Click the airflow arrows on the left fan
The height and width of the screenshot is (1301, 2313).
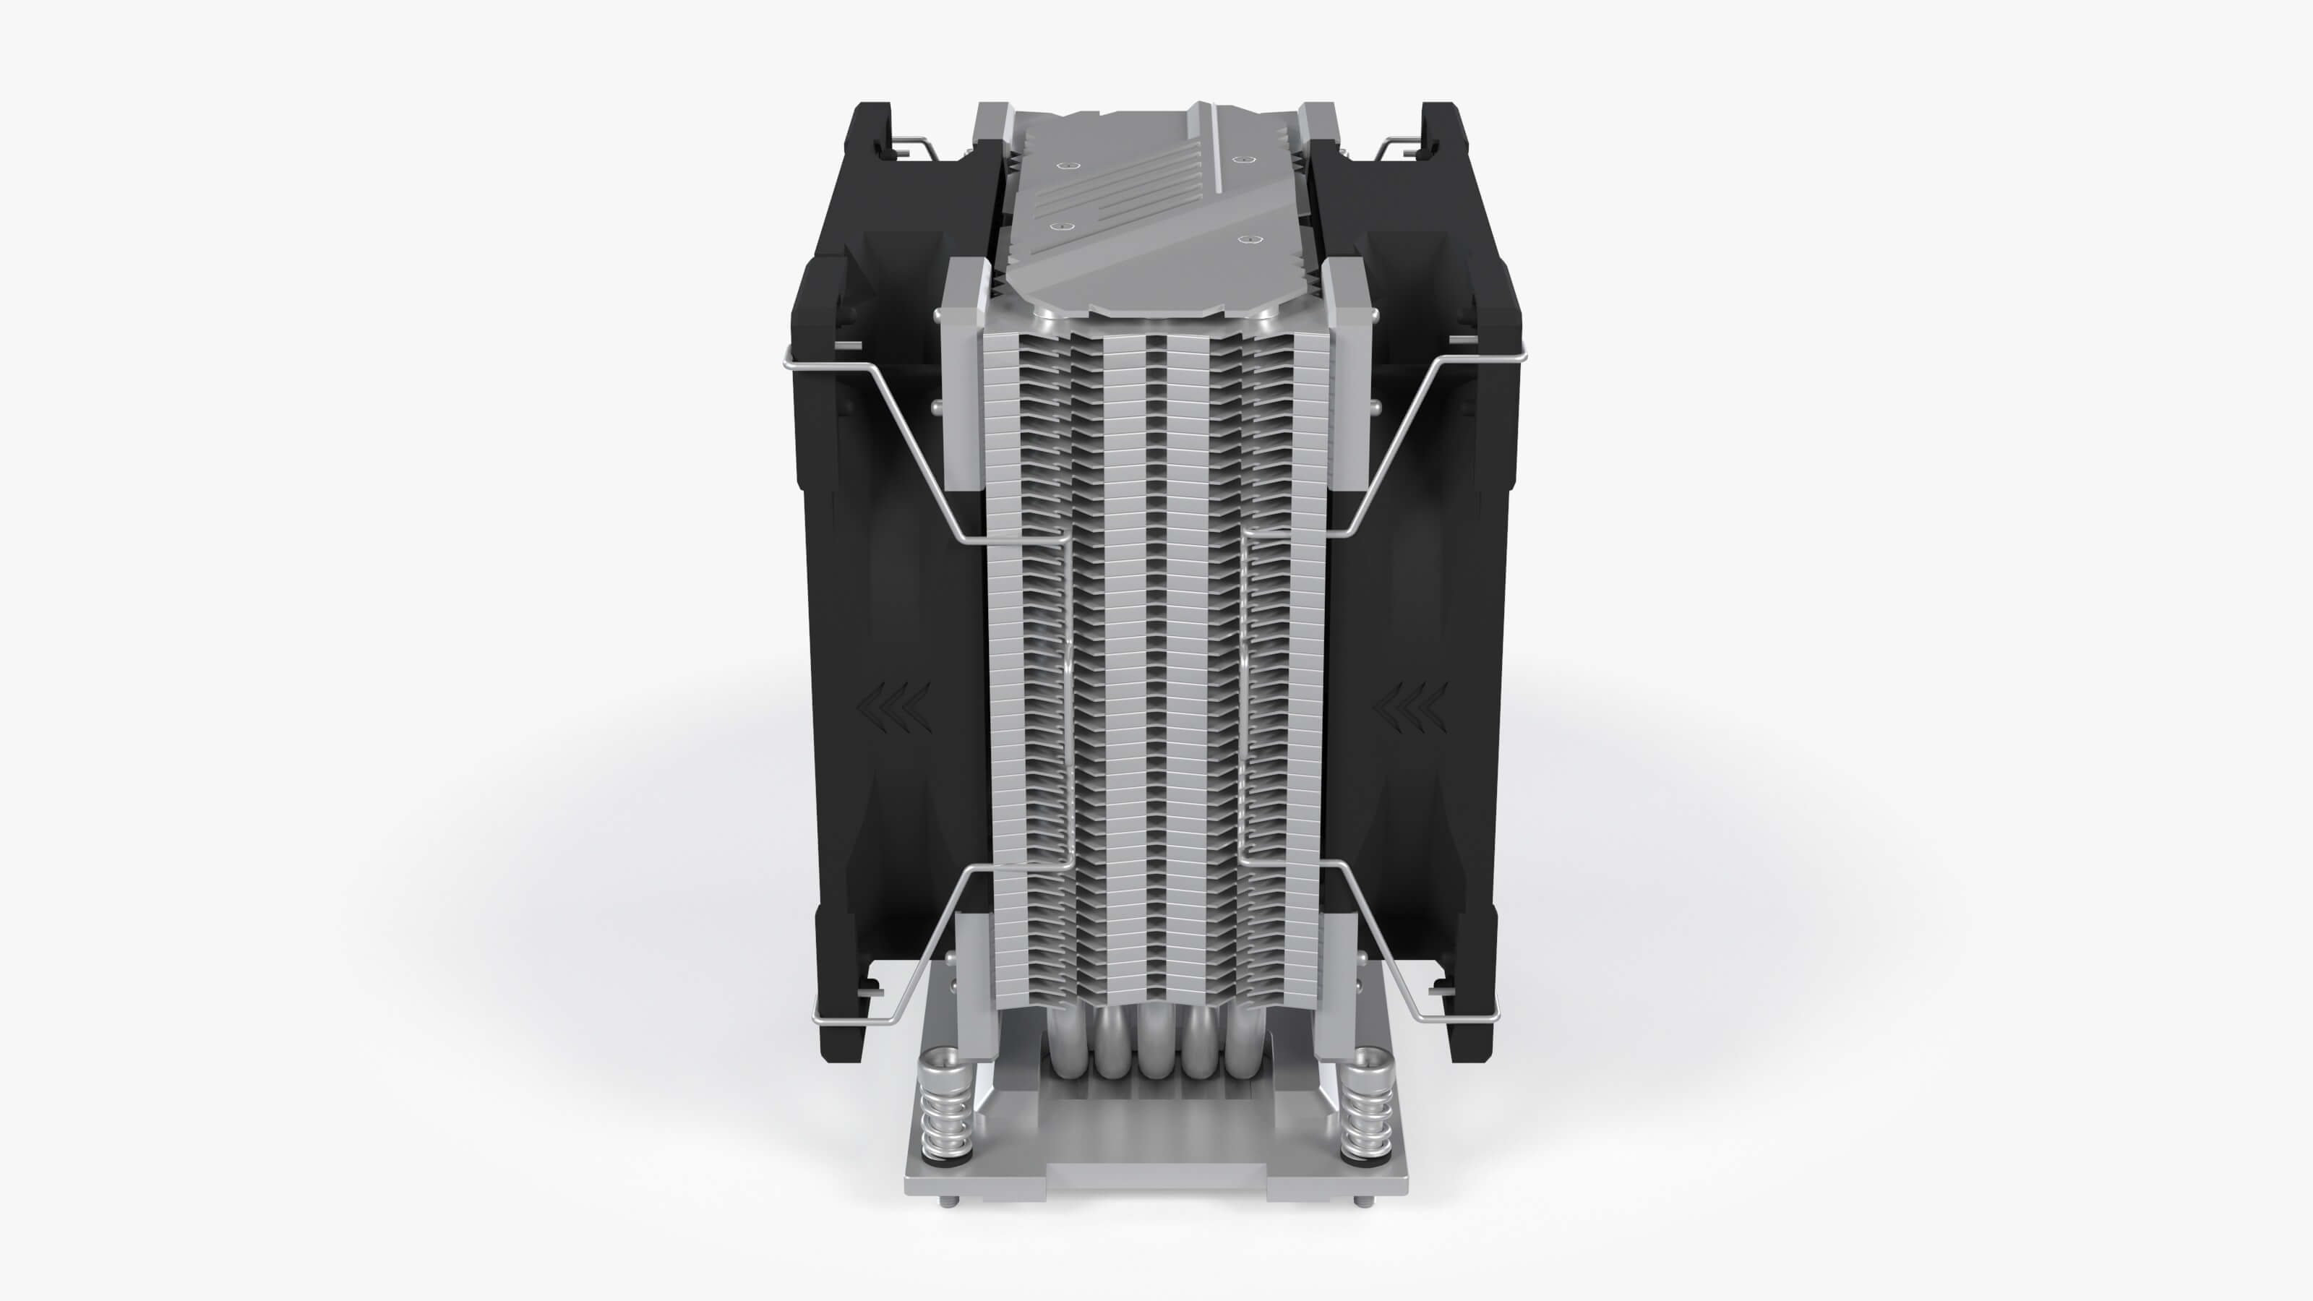pos(894,705)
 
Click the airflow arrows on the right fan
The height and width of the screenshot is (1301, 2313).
pos(1411,705)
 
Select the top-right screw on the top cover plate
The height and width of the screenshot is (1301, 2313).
pos(1241,160)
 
